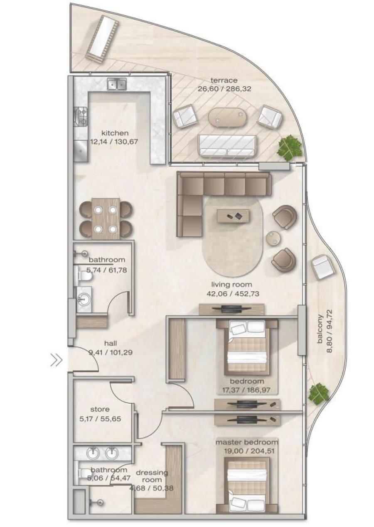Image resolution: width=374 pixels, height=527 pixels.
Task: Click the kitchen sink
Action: [117, 84]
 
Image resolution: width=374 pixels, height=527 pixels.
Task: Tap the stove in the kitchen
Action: [81, 116]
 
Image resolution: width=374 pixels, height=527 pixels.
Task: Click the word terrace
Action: [224, 81]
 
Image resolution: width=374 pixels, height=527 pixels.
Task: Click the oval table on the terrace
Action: [227, 117]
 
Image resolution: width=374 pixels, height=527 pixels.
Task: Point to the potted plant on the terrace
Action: [290, 147]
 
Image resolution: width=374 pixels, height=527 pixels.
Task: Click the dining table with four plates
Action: [106, 218]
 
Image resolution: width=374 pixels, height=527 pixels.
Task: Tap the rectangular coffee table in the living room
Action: [233, 216]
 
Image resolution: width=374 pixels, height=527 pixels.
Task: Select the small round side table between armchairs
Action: [273, 238]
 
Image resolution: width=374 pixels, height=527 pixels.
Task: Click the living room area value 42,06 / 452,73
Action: [231, 293]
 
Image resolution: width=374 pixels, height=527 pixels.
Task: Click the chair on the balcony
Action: [323, 267]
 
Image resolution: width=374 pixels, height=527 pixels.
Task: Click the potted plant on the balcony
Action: [318, 394]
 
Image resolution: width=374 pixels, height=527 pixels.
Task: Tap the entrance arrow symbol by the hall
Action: [56, 360]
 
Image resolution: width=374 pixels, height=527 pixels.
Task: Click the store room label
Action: [100, 409]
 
